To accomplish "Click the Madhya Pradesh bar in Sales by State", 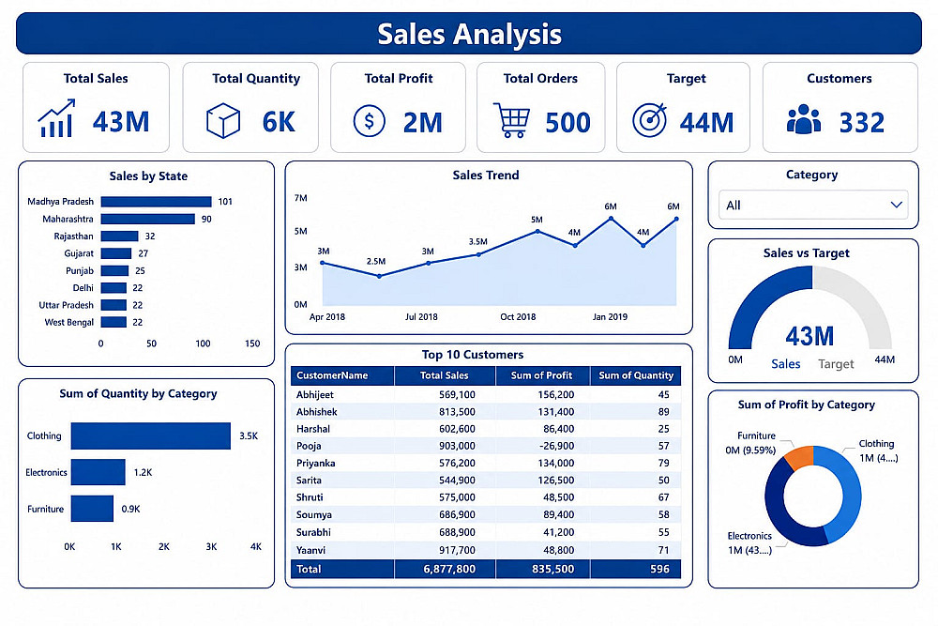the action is tap(156, 202).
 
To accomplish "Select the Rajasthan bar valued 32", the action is tap(120, 237).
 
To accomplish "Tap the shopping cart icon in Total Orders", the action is tap(511, 120).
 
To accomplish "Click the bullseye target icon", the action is tap(650, 120).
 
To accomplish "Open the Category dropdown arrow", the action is tap(896, 205).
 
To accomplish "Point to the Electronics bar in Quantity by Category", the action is tap(98, 472).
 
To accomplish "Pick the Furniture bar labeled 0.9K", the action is tap(92, 509).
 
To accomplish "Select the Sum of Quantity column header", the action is tap(636, 375).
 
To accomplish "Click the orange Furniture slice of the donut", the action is tap(799, 457).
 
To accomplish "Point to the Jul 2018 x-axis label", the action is tap(421, 316).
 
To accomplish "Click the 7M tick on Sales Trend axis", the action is tap(300, 198).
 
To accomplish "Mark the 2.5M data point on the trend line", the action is tap(379, 277).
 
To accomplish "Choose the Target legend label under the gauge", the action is tap(836, 364).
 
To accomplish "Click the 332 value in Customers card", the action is tap(861, 123).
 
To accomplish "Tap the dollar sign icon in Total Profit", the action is tap(369, 121).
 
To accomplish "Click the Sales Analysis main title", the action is tap(470, 34).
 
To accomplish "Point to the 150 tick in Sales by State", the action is tap(252, 344).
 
